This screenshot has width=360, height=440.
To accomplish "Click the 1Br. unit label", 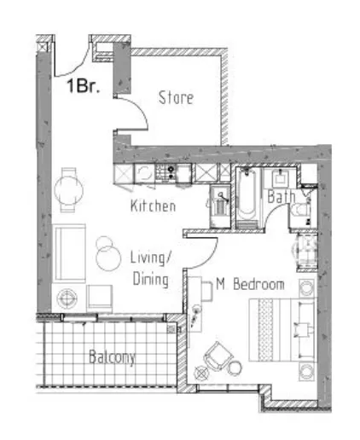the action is [x=83, y=85].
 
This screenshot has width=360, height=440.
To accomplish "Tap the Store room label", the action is [x=176, y=97].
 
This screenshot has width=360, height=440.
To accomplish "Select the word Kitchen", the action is [x=153, y=206].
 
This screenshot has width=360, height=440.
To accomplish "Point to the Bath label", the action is [x=281, y=196].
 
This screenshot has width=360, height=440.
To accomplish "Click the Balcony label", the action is [x=112, y=357].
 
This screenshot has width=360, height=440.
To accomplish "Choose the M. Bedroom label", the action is [x=250, y=284].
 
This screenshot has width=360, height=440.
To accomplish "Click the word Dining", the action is [x=151, y=279].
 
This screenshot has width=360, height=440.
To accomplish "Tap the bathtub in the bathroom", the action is [x=247, y=197].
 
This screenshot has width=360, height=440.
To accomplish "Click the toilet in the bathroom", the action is [x=300, y=211].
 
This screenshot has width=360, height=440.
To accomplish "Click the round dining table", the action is [x=68, y=189].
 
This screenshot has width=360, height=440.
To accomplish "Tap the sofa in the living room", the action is [x=69, y=253].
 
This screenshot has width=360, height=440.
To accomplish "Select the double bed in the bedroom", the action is [x=282, y=330].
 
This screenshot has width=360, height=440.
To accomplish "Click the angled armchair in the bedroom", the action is [x=218, y=356].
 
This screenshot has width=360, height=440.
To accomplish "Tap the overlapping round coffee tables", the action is [x=107, y=253].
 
